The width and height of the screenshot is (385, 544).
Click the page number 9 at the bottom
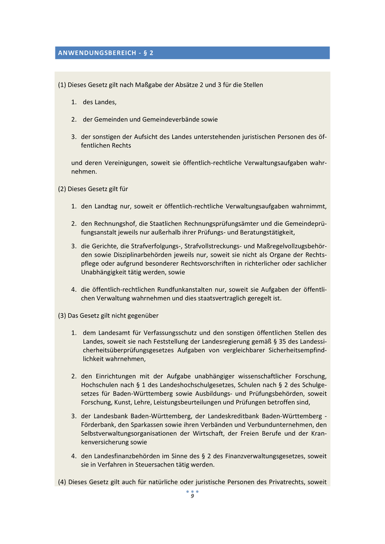[x=193, y=496]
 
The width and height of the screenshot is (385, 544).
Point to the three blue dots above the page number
[x=193, y=491]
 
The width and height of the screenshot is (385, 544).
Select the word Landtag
[x=106, y=207]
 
